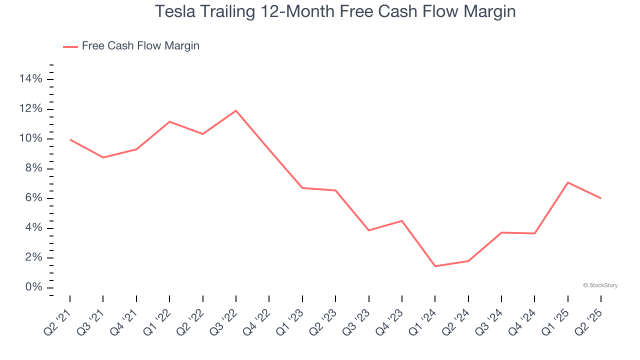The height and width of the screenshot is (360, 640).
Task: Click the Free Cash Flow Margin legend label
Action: pyautogui.click(x=140, y=46)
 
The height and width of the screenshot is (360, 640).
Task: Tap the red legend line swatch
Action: pyautogui.click(x=70, y=46)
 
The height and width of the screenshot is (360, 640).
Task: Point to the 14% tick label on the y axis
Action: pyautogui.click(x=31, y=79)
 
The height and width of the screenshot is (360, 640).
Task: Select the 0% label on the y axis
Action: pyautogui.click(x=34, y=287)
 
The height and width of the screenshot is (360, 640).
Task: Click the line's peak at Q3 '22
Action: pyautogui.click(x=235, y=110)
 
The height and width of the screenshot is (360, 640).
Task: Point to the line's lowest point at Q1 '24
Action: pyautogui.click(x=435, y=266)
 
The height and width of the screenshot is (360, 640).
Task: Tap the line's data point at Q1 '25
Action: pyautogui.click(x=567, y=182)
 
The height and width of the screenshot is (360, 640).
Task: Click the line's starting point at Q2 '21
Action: pyautogui.click(x=70, y=139)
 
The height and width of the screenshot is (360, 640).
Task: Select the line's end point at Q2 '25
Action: pyautogui.click(x=600, y=198)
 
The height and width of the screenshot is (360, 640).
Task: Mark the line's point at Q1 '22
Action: pyautogui.click(x=169, y=121)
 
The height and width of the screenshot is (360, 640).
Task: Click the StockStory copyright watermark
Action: pyautogui.click(x=600, y=285)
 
